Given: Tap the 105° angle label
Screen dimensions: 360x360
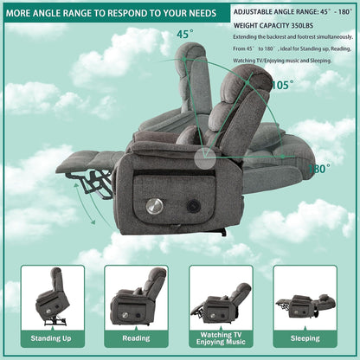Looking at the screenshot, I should (x=282, y=85).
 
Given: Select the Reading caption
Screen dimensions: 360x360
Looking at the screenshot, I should (x=137, y=337).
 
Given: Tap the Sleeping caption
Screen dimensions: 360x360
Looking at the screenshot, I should (x=305, y=337).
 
